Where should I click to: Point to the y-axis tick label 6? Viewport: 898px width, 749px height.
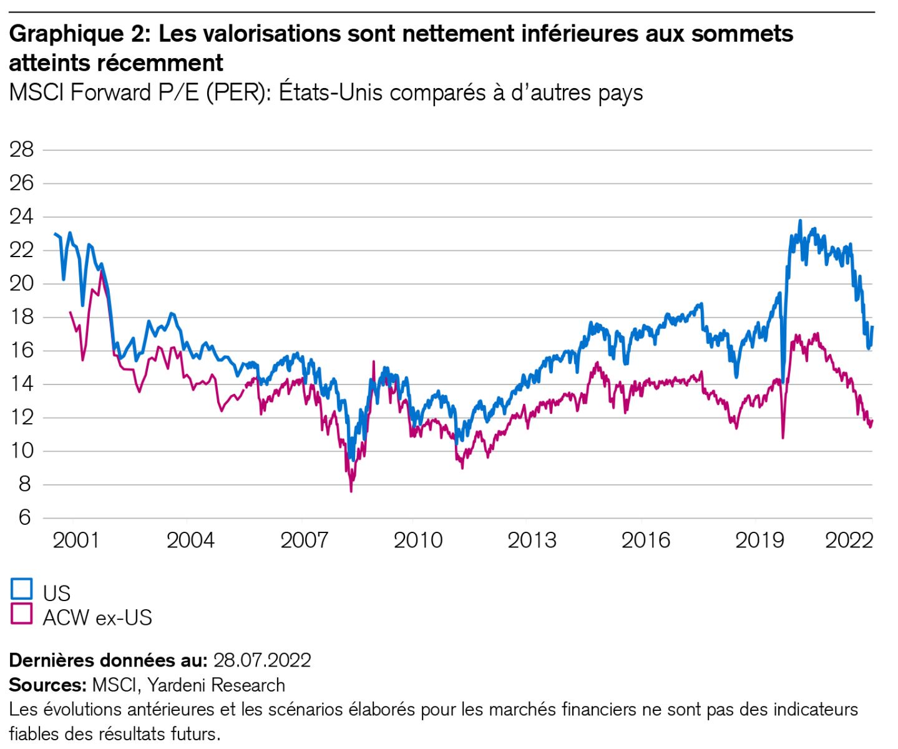(x=24, y=517)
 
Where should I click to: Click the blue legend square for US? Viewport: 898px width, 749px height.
(x=21, y=589)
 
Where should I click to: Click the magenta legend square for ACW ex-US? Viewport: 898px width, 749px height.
(x=21, y=614)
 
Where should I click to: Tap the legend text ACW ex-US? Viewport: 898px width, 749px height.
(x=97, y=617)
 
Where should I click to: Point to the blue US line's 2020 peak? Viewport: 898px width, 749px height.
(x=800, y=221)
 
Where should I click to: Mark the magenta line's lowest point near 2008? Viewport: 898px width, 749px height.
(x=351, y=491)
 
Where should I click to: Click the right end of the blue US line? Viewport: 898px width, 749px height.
(x=872, y=327)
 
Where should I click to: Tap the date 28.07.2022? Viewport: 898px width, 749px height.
(x=262, y=660)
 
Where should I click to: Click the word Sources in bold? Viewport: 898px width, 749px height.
(x=47, y=685)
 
